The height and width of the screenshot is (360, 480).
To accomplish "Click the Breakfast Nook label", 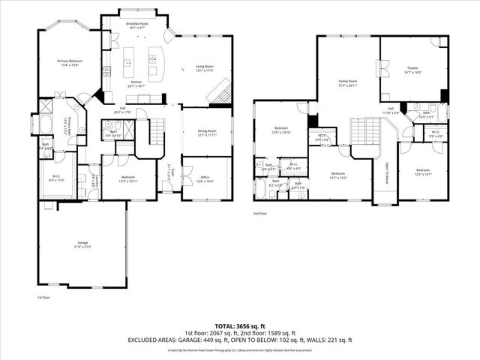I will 136,26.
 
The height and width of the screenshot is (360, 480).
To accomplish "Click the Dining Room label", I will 206,133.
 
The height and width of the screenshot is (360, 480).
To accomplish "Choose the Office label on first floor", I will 205,179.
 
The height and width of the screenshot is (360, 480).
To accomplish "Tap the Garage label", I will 82,245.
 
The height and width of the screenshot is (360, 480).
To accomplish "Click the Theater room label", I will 412,70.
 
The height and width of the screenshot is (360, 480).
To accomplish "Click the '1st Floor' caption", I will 44,298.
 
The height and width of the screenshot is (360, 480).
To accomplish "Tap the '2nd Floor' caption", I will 260,213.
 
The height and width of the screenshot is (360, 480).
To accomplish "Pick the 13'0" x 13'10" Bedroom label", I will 281,130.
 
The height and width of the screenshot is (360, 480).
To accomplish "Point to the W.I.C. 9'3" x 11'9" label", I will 58,180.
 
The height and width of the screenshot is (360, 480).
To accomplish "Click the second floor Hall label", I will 391,110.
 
